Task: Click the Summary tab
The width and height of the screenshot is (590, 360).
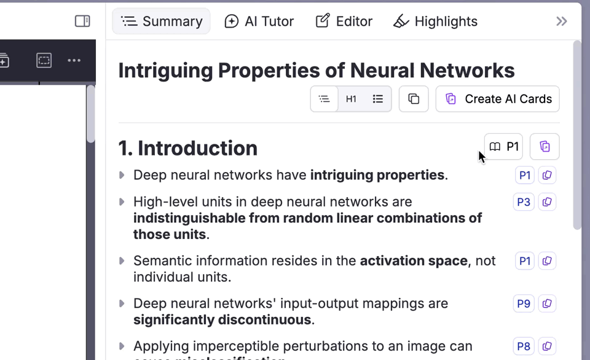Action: [162, 22]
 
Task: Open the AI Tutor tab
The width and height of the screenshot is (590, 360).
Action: [259, 22]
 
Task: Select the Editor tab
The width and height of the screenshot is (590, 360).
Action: [344, 22]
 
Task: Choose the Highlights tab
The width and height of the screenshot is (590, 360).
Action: [435, 22]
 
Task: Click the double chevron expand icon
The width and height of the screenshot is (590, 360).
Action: [561, 22]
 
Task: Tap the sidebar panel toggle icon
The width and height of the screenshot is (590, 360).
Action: [82, 22]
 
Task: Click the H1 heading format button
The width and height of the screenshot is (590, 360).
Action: [351, 99]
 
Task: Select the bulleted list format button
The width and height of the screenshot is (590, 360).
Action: [378, 99]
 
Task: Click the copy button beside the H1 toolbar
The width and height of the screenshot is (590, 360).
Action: [414, 99]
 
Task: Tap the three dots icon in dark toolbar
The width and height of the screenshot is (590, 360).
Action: [74, 60]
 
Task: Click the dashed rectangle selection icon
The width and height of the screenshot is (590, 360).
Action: [44, 60]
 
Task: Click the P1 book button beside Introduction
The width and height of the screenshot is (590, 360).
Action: [504, 147]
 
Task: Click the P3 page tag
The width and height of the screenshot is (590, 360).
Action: [524, 202]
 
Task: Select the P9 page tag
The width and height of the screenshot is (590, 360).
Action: [524, 303]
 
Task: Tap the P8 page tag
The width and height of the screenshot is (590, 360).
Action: [524, 346]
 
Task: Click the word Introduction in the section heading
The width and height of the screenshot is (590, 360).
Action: [197, 148]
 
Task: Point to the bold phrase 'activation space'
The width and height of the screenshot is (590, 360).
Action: [414, 260]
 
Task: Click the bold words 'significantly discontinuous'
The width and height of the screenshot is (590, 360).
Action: [222, 319]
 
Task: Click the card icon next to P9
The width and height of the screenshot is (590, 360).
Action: [547, 303]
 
